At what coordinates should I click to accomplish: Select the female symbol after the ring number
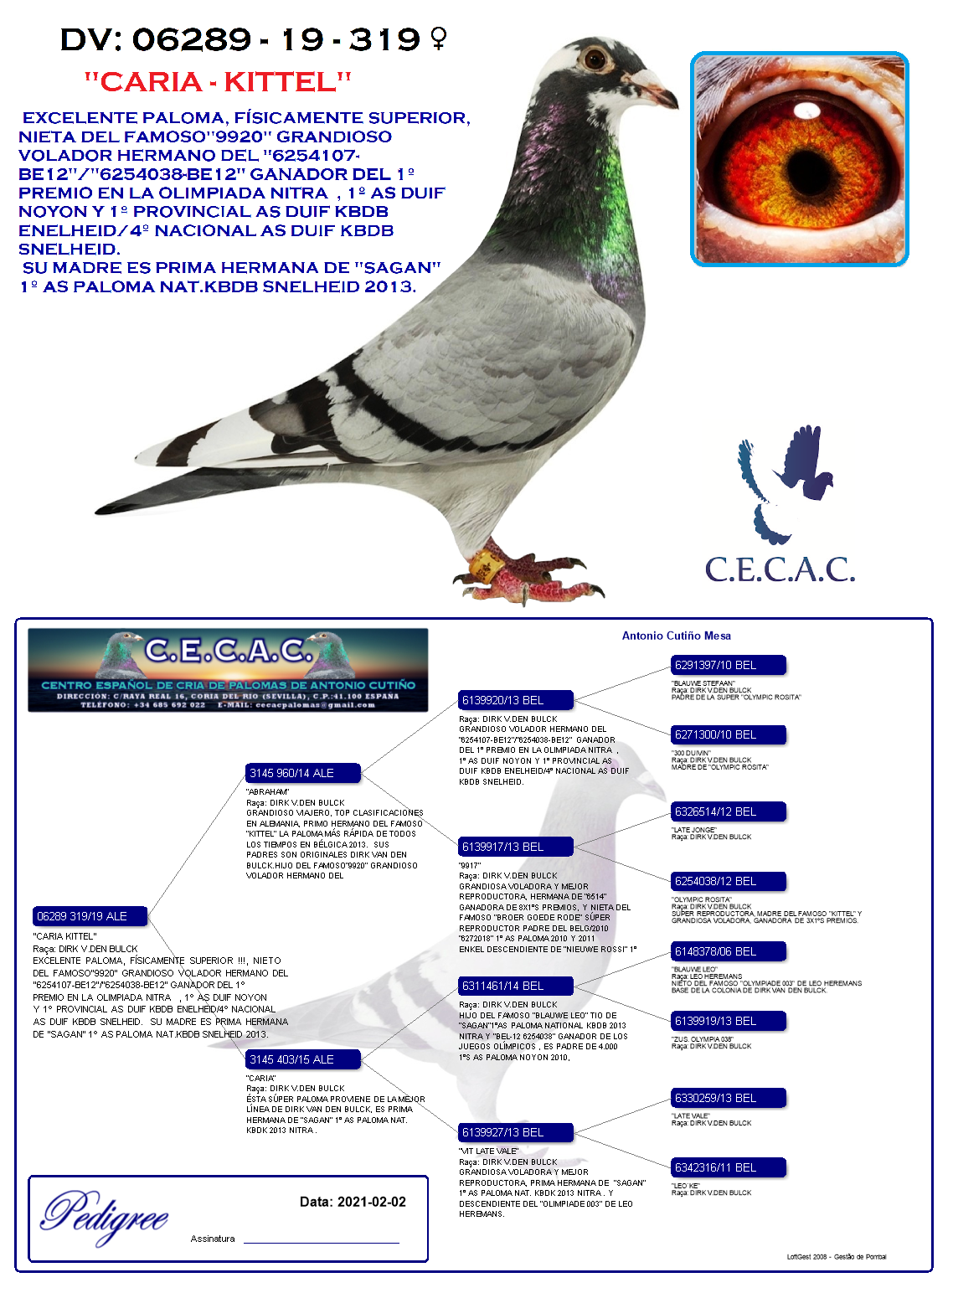pos(438,38)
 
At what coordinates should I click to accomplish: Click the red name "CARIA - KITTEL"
pos(218,82)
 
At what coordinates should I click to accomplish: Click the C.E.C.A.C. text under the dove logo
pos(780,569)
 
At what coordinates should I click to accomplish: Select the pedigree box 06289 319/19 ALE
pos(90,916)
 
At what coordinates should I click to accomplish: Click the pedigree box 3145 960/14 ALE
pos(302,773)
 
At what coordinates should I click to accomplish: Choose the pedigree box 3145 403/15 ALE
pos(302,1059)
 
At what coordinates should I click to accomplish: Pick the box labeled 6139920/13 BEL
pos(515,700)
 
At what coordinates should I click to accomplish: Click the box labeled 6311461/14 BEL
pos(515,986)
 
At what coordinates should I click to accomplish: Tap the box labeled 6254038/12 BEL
pos(728,881)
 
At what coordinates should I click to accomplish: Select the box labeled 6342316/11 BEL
pos(728,1167)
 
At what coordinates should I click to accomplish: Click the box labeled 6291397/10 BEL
pos(728,665)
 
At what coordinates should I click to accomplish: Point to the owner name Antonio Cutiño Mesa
pos(676,636)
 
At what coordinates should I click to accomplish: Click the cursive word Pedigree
pos(106,1216)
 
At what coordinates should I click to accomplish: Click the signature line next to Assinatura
pos(321,1241)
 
